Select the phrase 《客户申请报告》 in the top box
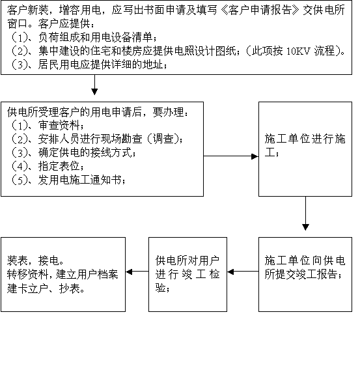260,10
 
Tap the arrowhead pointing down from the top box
94,92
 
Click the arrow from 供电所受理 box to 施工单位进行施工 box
231,156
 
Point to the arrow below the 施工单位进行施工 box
305,214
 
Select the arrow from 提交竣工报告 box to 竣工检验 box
243,272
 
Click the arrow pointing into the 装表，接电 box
137,272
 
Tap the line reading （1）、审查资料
48,125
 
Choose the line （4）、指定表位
48,166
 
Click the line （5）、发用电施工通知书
68,180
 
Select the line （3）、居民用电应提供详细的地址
89,64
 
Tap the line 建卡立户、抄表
46,289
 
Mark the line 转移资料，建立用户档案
62,275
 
